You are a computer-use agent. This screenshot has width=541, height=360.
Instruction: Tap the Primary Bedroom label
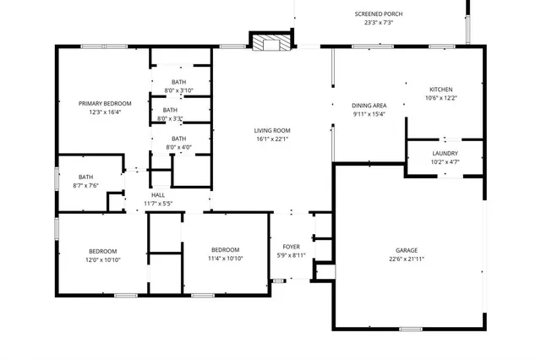pyautogui.click(x=106, y=103)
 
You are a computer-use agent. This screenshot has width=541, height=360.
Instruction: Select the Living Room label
pyautogui.click(x=272, y=130)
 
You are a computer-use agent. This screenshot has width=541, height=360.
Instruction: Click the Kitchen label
pyautogui.click(x=440, y=89)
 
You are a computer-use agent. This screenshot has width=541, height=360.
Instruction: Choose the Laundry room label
pyautogui.click(x=445, y=153)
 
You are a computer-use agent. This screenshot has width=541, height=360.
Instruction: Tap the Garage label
pyautogui.click(x=407, y=250)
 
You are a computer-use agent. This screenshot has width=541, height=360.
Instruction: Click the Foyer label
pyautogui.click(x=291, y=247)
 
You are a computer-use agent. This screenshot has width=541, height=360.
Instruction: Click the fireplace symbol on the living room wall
pyautogui.click(x=271, y=41)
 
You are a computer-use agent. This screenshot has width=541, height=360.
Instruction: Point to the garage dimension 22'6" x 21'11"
pyautogui.click(x=407, y=259)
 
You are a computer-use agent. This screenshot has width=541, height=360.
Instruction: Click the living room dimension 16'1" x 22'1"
pyautogui.click(x=272, y=139)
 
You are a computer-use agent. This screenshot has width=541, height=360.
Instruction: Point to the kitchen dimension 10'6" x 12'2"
pyautogui.click(x=440, y=98)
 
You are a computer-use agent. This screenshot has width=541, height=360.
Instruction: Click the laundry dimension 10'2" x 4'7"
pyautogui.click(x=445, y=161)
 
